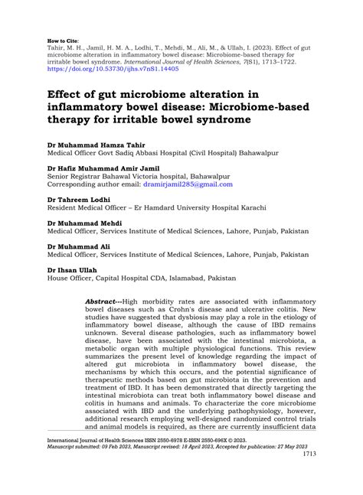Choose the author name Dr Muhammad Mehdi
click(x=87, y=221)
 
